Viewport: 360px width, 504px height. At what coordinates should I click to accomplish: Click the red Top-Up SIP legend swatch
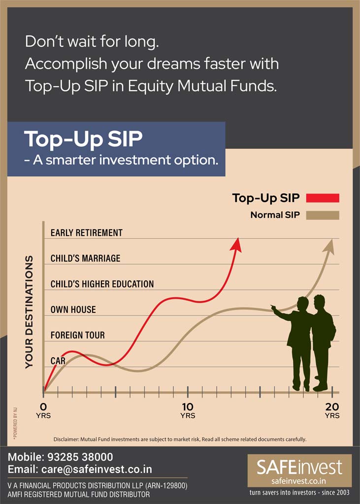click(x=323, y=198)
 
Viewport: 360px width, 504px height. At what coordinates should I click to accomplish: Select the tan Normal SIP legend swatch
click(x=323, y=215)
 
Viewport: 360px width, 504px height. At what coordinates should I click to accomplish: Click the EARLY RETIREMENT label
click(x=87, y=233)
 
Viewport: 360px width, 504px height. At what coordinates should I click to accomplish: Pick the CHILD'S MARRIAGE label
click(x=85, y=259)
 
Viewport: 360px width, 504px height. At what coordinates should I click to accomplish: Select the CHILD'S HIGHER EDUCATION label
click(x=102, y=284)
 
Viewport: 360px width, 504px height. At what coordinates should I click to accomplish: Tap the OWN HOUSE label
click(x=73, y=310)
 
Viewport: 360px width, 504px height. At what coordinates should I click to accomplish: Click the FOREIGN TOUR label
click(x=78, y=335)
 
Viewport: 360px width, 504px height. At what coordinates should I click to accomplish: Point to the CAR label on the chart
click(x=58, y=361)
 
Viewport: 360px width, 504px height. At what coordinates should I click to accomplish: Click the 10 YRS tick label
click(x=188, y=410)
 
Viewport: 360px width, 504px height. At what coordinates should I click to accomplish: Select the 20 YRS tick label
click(x=332, y=410)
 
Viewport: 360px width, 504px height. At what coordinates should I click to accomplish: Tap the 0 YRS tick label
click(x=43, y=410)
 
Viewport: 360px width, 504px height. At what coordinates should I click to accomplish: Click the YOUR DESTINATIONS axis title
click(x=29, y=312)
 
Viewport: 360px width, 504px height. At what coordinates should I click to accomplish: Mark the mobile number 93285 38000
click(x=80, y=457)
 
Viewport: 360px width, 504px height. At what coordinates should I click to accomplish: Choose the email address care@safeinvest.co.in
click(x=97, y=470)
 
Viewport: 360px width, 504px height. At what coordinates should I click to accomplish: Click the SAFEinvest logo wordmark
click(x=299, y=468)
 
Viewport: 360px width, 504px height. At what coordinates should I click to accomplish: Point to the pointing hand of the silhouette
click(x=274, y=308)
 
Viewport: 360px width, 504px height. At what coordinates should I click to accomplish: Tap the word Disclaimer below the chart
click(x=66, y=439)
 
